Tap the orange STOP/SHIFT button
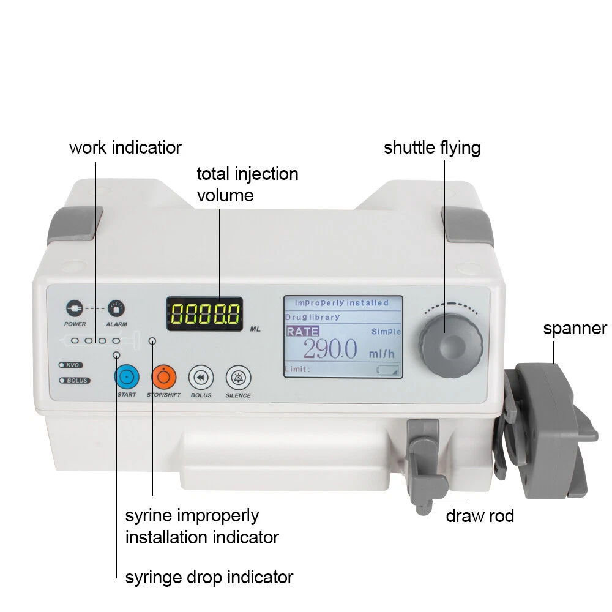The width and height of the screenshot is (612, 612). pyautogui.click(x=163, y=377)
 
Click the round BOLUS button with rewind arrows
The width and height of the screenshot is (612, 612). pyautogui.click(x=201, y=378)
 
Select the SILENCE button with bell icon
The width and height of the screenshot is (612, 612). pyautogui.click(x=238, y=378)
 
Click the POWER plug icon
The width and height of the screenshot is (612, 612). pyautogui.click(x=75, y=308)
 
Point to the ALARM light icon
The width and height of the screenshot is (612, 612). pyautogui.click(x=116, y=308)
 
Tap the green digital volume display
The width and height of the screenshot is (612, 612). pyautogui.click(x=205, y=314)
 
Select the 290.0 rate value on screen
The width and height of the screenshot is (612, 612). pyautogui.click(x=330, y=349)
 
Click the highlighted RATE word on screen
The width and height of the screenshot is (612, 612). pyautogui.click(x=302, y=331)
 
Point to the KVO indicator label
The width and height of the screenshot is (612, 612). pyautogui.click(x=70, y=365)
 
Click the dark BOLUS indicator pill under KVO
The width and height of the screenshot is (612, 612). pyautogui.click(x=75, y=380)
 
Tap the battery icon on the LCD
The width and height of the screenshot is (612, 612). pyautogui.click(x=387, y=370)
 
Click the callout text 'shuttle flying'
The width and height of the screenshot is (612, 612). pyautogui.click(x=432, y=148)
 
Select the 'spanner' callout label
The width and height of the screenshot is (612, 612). pyautogui.click(x=575, y=328)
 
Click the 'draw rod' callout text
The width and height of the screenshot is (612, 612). pyautogui.click(x=480, y=516)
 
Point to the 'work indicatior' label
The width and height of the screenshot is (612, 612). pyautogui.click(x=125, y=147)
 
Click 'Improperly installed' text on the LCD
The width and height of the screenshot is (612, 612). pyautogui.click(x=341, y=303)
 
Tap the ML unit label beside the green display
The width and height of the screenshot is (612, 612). pyautogui.click(x=255, y=329)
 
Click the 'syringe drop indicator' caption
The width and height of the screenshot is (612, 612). pyautogui.click(x=209, y=577)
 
